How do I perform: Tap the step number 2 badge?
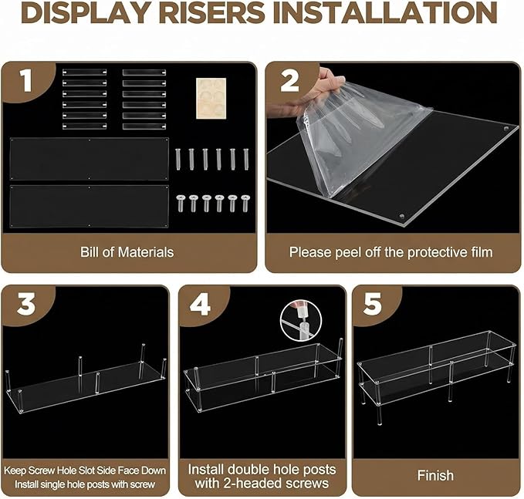click(289, 81)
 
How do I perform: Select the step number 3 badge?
click(26, 304)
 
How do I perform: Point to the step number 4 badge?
click(200, 304)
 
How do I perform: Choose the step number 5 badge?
click(372, 304)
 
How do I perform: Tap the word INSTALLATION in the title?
click(385, 12)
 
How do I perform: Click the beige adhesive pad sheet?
click(211, 98)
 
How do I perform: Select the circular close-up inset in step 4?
click(301, 320)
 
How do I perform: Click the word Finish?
click(435, 475)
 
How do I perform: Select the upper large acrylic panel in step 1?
click(90, 159)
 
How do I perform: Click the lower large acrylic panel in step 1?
click(90, 207)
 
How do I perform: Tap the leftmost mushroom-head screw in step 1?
click(181, 204)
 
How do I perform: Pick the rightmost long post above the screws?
click(246, 159)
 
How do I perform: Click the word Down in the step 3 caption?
click(154, 470)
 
